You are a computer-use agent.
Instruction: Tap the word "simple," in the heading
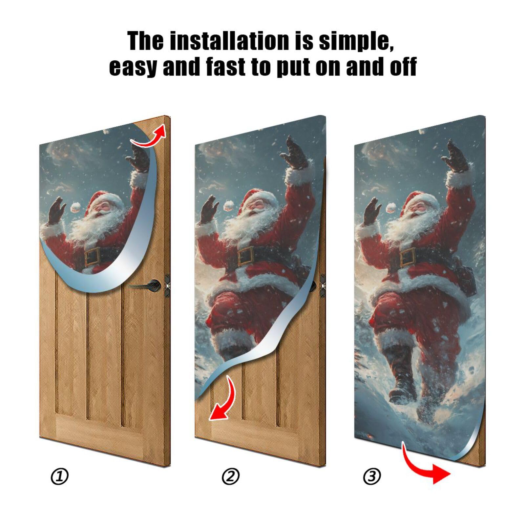click(356, 41)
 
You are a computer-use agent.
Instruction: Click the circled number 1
click(59, 476)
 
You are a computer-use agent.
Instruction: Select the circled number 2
click(231, 476)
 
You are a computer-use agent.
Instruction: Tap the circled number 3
click(372, 476)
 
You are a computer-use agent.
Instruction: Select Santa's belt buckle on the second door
click(245, 256)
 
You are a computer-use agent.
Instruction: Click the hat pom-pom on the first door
click(76, 206)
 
